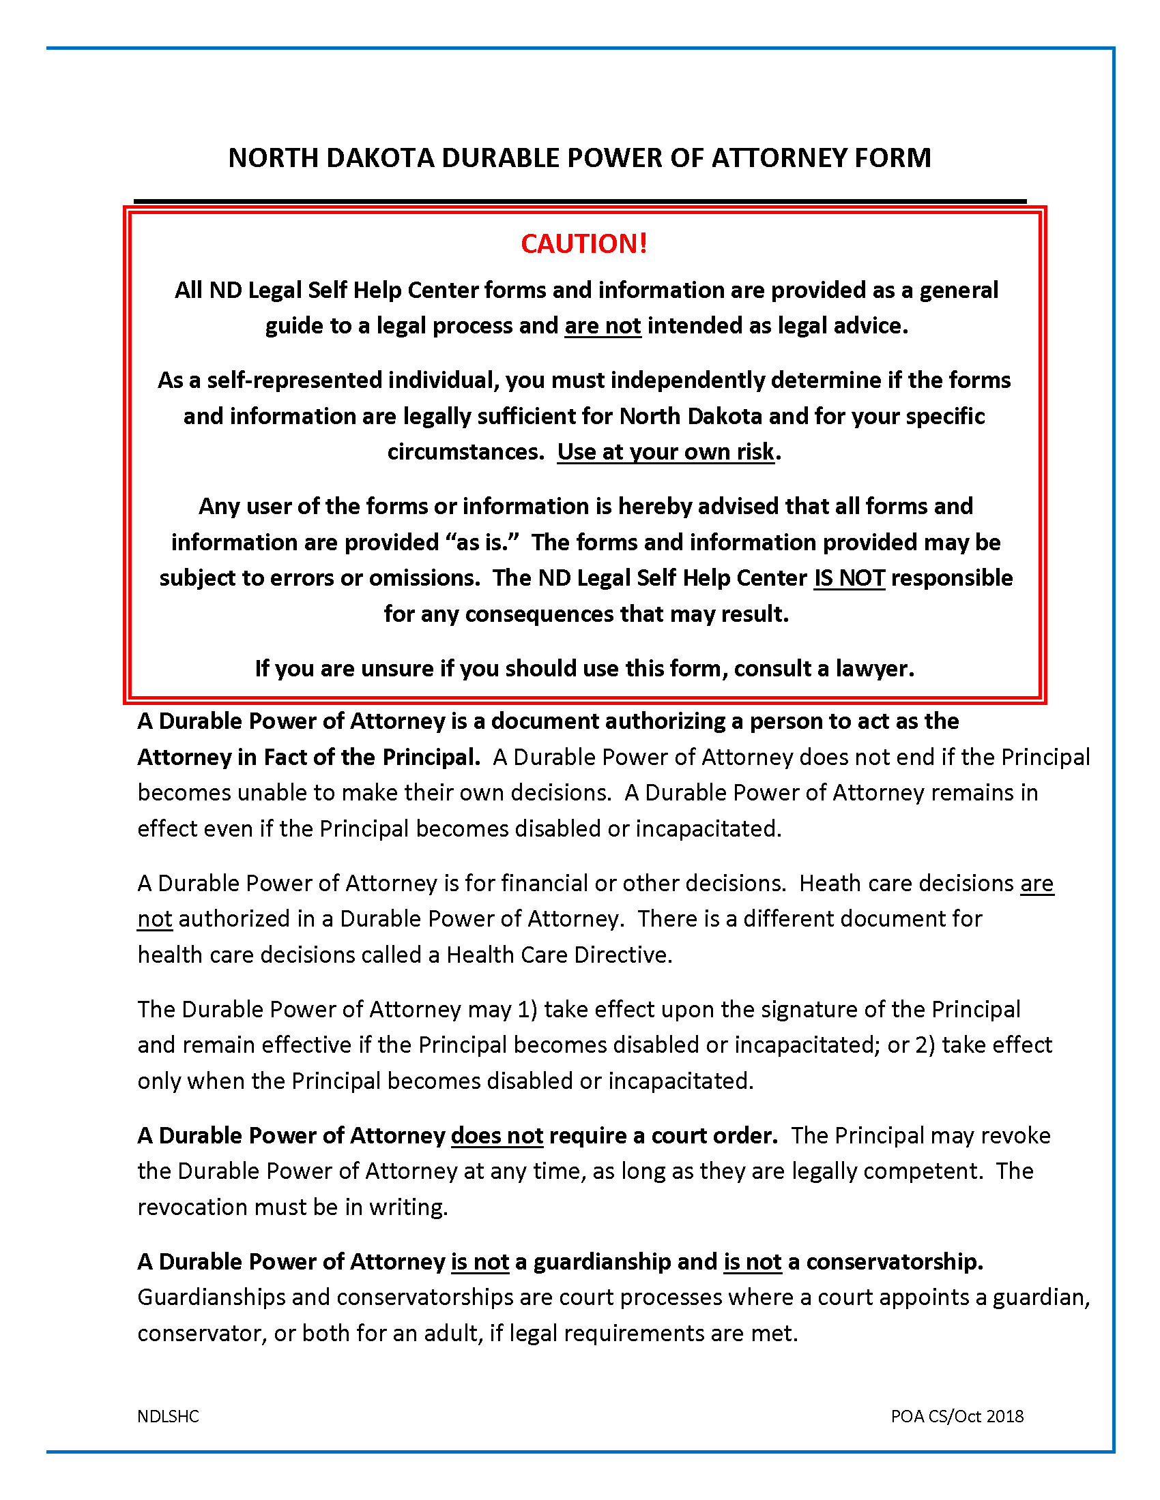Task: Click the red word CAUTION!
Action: point(583,244)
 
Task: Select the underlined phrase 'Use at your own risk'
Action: point(665,452)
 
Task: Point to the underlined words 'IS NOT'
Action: point(850,578)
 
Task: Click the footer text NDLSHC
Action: point(168,1416)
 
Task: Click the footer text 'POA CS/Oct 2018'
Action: point(957,1416)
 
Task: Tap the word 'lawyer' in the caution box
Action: point(873,668)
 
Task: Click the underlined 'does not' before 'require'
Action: point(497,1136)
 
